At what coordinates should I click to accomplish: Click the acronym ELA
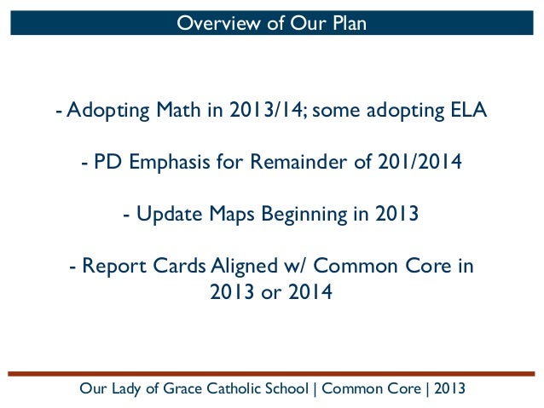[469, 112]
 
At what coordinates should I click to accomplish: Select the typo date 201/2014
[415, 162]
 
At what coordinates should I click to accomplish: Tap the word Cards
[173, 266]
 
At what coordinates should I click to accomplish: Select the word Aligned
[238, 266]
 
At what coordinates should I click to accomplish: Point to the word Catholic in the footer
[227, 390]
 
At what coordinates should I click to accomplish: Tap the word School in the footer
[286, 390]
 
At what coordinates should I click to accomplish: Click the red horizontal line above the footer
[272, 373]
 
